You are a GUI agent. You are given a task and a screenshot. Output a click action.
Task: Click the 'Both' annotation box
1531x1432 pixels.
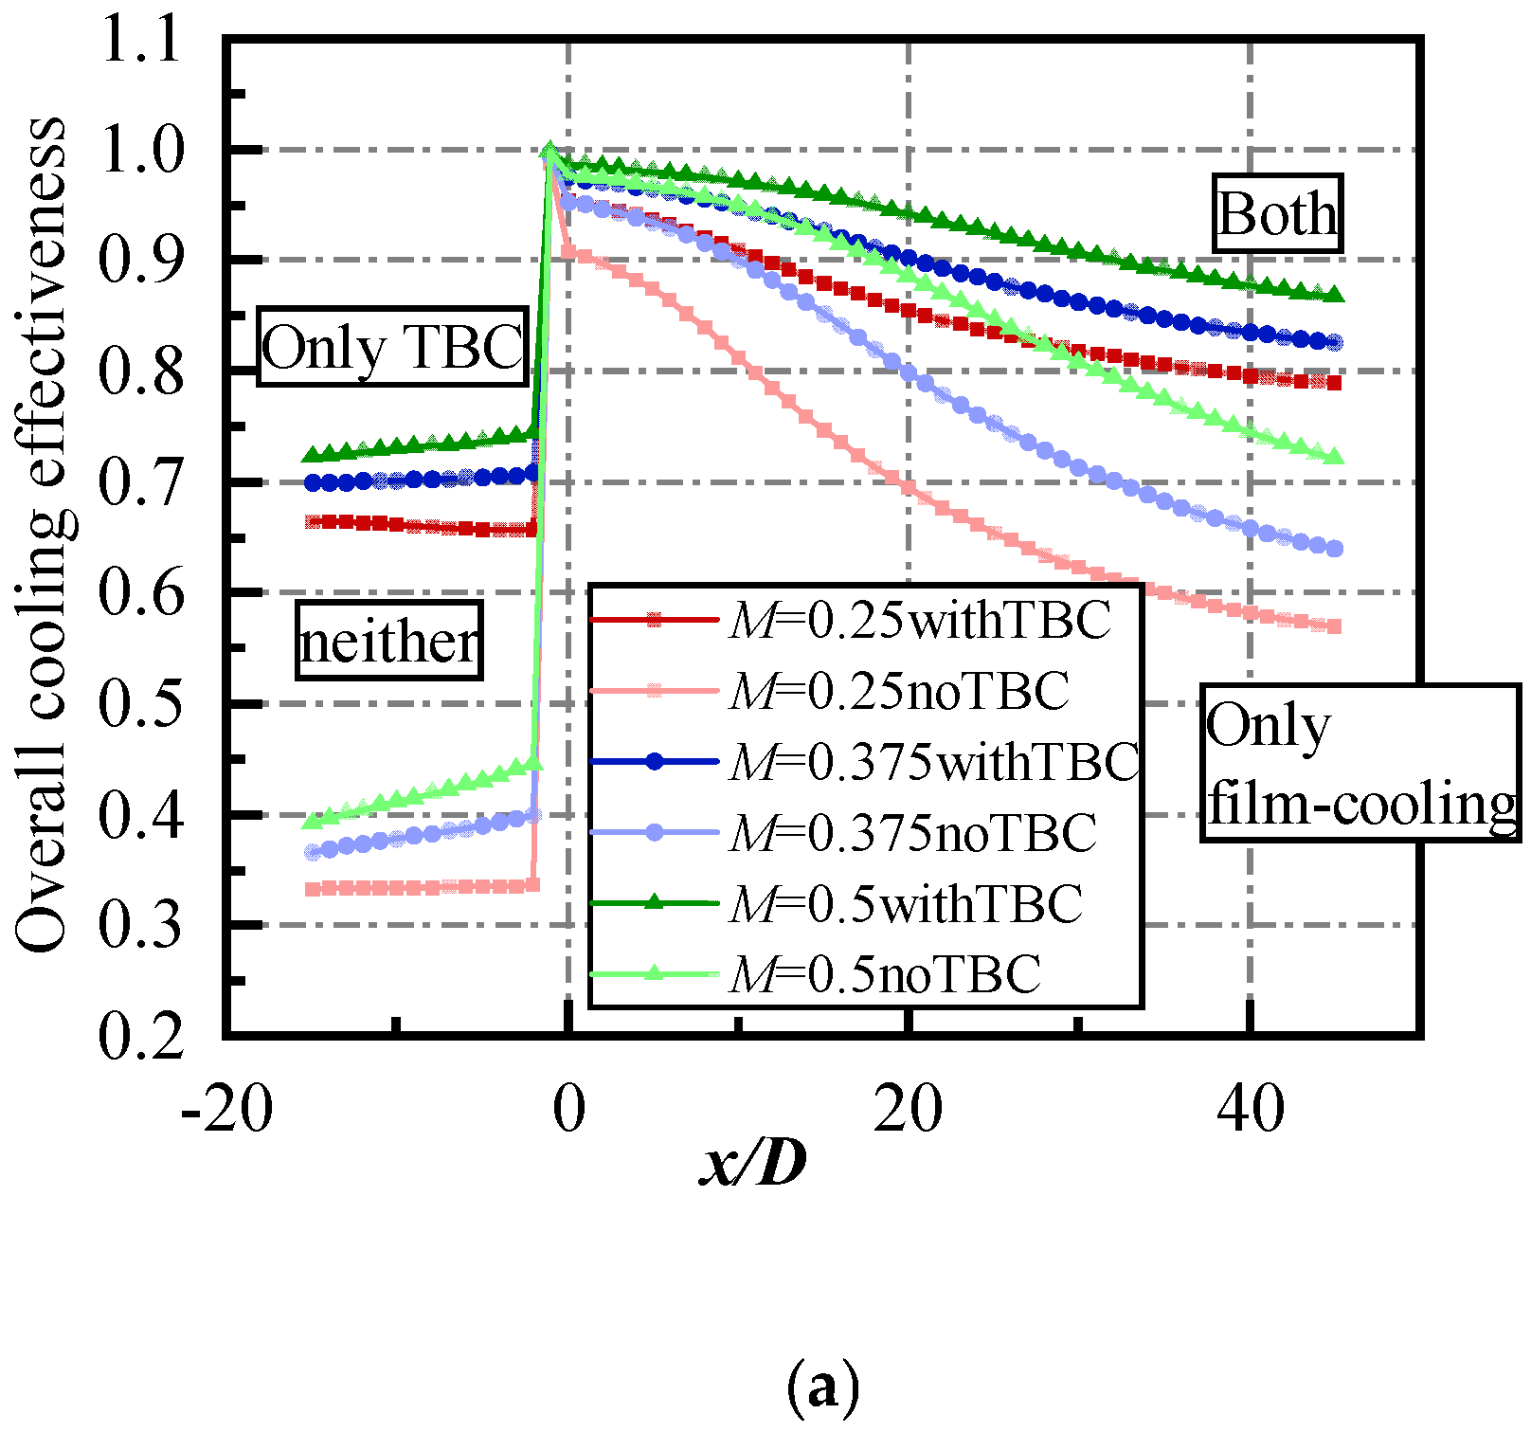tap(1277, 213)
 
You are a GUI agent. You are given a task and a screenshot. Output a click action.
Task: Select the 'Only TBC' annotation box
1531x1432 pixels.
tap(392, 347)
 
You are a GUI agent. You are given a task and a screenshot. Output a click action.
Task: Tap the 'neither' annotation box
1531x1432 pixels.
tap(388, 641)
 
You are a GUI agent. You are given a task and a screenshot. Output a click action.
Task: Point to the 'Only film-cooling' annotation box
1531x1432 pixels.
tap(1360, 763)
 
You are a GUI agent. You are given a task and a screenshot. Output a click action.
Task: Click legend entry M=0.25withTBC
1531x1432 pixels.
tap(919, 621)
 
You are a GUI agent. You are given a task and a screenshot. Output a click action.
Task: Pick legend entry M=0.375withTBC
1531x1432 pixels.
tap(933, 761)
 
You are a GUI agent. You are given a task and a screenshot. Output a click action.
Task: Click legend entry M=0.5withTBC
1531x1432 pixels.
tap(905, 903)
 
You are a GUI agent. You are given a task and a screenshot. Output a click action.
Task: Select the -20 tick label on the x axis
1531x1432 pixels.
tap(226, 1109)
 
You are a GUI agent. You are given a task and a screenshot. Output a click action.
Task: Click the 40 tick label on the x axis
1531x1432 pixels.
tap(1251, 1109)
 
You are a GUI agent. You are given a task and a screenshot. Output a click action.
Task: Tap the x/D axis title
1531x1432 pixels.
tap(753, 1164)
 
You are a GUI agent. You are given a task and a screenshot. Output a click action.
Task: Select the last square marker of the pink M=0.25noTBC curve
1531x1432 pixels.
tap(1334, 626)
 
